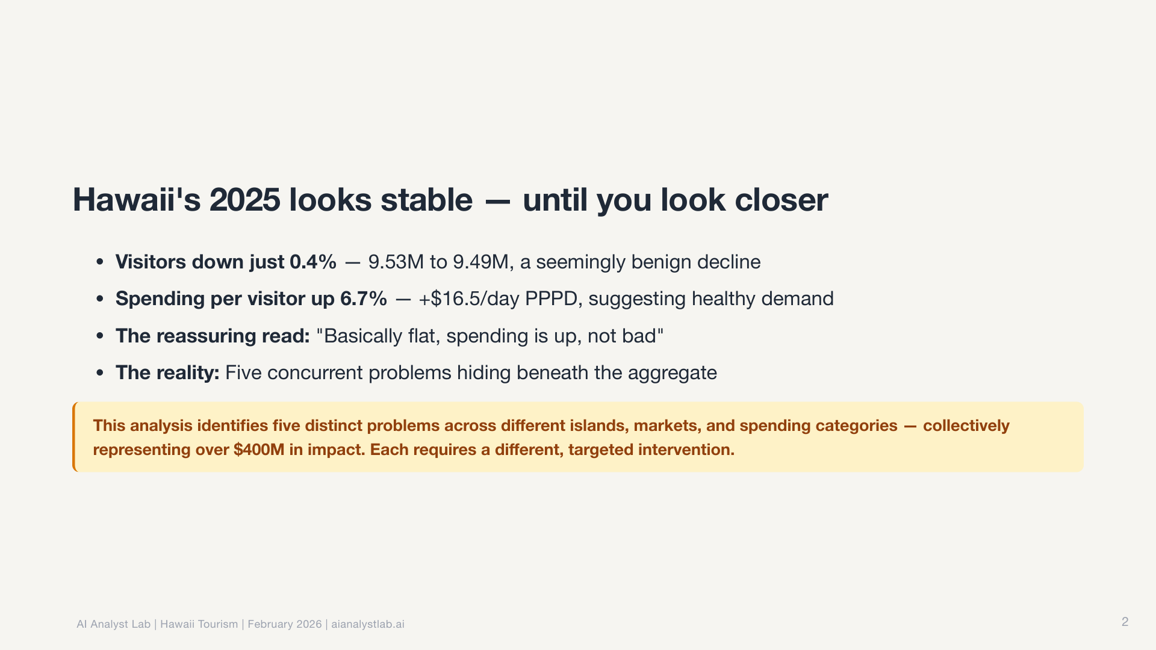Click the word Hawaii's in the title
[137, 200]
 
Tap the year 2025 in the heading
[244, 200]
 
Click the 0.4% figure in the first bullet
[313, 262]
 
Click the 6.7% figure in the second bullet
[364, 299]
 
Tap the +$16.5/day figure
[468, 299]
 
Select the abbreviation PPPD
[551, 299]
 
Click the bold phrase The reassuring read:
[213, 336]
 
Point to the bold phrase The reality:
[167, 373]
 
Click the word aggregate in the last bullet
[673, 373]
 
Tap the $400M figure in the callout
[259, 450]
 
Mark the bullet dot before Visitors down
[100, 262]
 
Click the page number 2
[1125, 622]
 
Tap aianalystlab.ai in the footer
[368, 624]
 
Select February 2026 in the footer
[285, 624]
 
